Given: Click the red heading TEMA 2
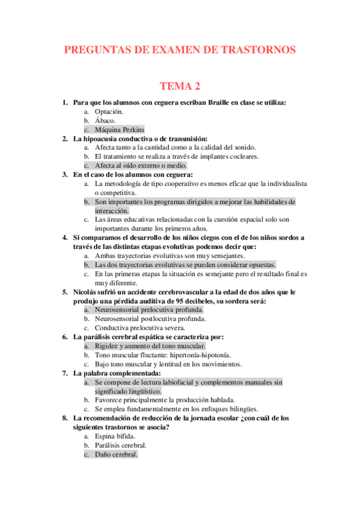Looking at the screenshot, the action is point(180,87).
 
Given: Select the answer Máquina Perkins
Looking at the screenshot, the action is point(120,129).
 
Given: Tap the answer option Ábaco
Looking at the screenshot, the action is point(106,120).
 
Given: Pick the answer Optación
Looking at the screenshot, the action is point(109,111).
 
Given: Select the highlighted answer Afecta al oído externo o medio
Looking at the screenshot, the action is point(141,165).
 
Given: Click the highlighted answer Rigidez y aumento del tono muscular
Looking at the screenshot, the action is point(150,346).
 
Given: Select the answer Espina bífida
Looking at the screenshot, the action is point(115,436).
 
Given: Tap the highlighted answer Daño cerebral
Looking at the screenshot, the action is point(116,455).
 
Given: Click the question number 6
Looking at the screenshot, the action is point(65,337).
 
